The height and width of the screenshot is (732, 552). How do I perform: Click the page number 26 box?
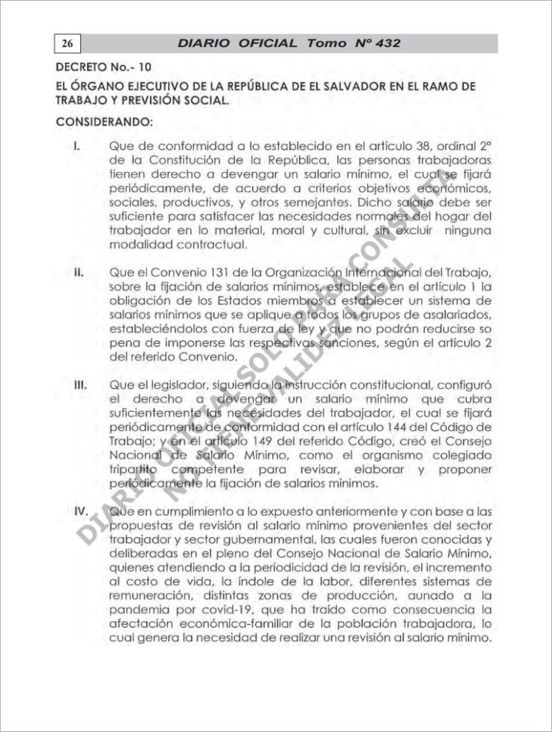[66, 44]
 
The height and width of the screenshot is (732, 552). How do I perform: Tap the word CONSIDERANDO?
[99, 122]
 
